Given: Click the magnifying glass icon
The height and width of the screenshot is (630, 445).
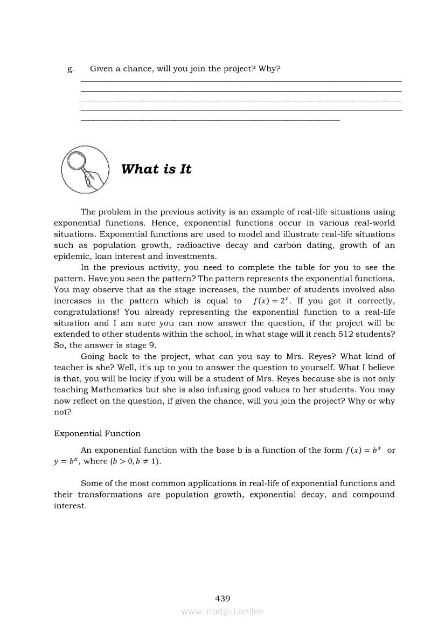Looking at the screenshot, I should [85, 169].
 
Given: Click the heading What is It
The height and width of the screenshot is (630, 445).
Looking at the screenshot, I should [156, 169].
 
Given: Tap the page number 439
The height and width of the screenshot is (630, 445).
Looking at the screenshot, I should [222, 598].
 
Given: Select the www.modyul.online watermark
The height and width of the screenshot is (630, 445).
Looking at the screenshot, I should [222, 611].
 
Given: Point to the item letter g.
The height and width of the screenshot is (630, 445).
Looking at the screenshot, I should [70, 69].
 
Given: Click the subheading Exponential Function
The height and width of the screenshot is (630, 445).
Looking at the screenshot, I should [97, 433].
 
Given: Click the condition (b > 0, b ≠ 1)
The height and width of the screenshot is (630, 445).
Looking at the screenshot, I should [136, 461].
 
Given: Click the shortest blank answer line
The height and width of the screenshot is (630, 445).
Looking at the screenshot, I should [210, 119].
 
